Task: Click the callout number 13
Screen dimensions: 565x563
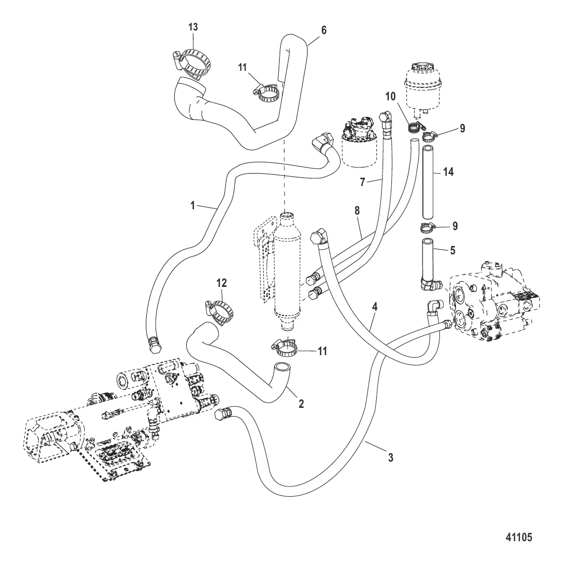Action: [193, 27]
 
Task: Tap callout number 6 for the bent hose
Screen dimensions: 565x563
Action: [324, 30]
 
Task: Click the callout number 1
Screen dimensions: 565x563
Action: [192, 205]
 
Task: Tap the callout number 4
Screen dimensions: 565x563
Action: [375, 306]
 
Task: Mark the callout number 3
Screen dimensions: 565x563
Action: [391, 457]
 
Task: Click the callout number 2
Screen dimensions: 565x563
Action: [301, 404]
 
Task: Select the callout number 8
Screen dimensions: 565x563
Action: [356, 211]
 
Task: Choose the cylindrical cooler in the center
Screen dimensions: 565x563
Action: [287, 269]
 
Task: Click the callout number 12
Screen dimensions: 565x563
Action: [221, 283]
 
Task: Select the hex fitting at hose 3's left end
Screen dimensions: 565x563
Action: [222, 416]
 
